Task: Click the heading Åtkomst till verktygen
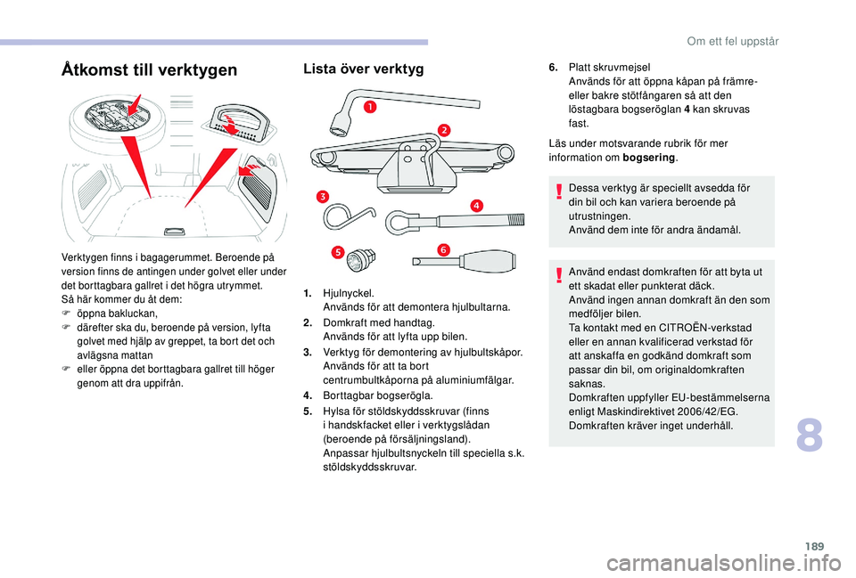click(x=148, y=69)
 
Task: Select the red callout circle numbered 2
click(x=444, y=131)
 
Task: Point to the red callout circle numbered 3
click(x=320, y=195)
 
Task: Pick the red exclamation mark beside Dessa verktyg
click(x=559, y=190)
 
